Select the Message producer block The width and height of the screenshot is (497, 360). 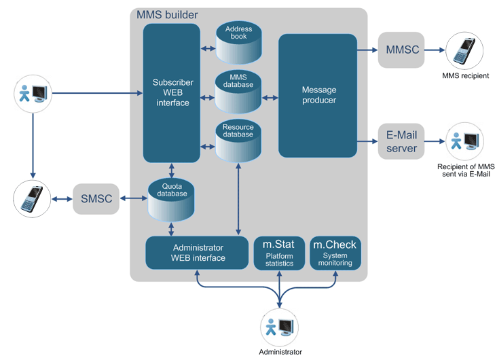(x=318, y=94)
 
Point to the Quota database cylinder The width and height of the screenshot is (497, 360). (x=171, y=200)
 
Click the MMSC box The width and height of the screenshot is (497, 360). (x=402, y=50)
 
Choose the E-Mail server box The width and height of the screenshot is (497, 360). (x=402, y=141)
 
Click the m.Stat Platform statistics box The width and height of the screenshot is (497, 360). (x=279, y=253)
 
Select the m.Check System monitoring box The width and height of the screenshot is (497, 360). (x=335, y=253)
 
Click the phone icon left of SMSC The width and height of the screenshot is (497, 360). (x=32, y=199)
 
